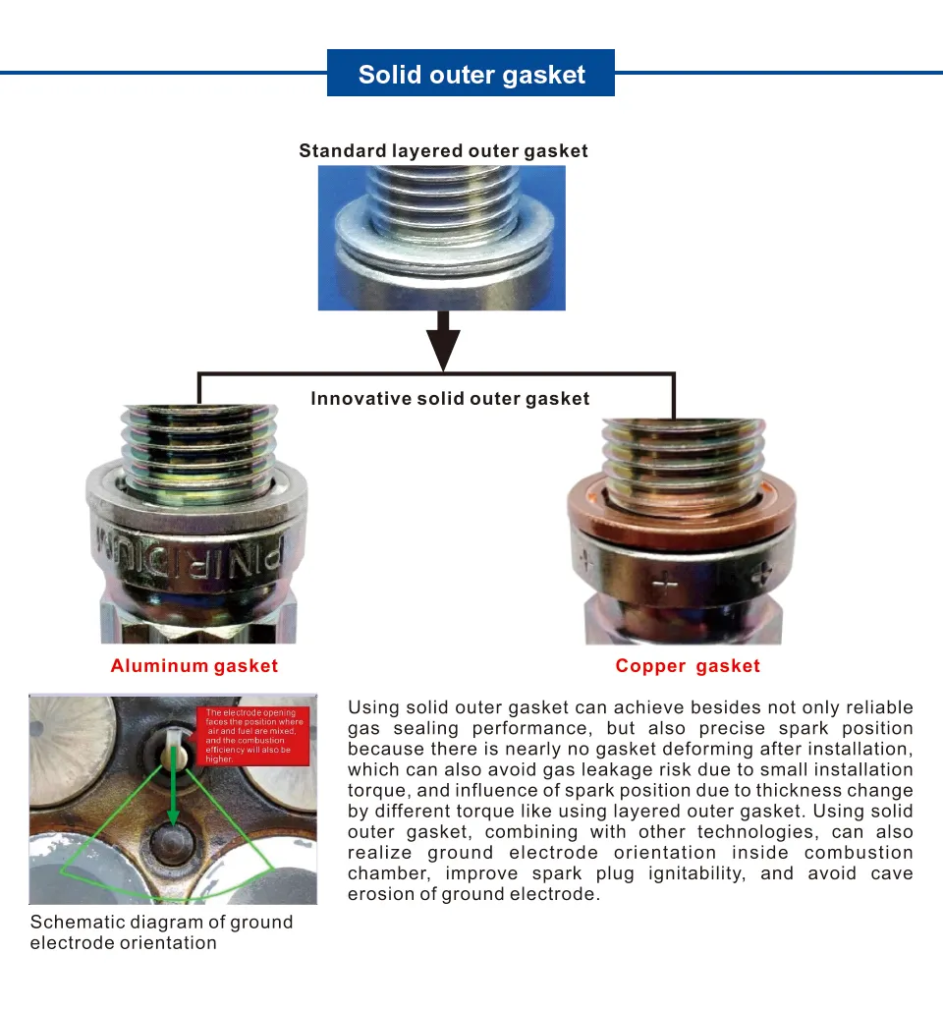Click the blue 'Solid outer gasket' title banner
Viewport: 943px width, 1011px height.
[471, 75]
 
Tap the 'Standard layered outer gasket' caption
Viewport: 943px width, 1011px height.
[443, 151]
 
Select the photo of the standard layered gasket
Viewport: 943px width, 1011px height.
[441, 238]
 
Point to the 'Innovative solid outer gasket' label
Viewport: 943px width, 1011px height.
[450, 399]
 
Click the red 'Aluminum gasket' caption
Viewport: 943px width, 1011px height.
[194, 666]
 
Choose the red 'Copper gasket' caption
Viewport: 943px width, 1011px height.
[688, 666]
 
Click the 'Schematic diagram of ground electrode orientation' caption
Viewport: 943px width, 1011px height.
[162, 932]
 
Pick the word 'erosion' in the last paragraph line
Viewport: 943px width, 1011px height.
[378, 894]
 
